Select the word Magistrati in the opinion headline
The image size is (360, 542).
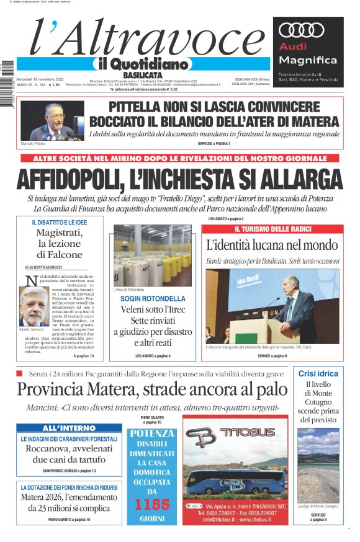click(x=60, y=233)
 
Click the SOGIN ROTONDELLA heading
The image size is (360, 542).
click(x=152, y=299)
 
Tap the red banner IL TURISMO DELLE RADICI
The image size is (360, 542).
click(x=272, y=229)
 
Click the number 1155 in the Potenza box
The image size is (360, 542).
click(x=152, y=505)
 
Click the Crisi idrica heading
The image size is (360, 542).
click(x=318, y=373)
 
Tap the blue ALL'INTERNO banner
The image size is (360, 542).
click(x=68, y=429)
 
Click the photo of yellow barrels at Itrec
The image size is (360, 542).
click(x=152, y=255)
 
